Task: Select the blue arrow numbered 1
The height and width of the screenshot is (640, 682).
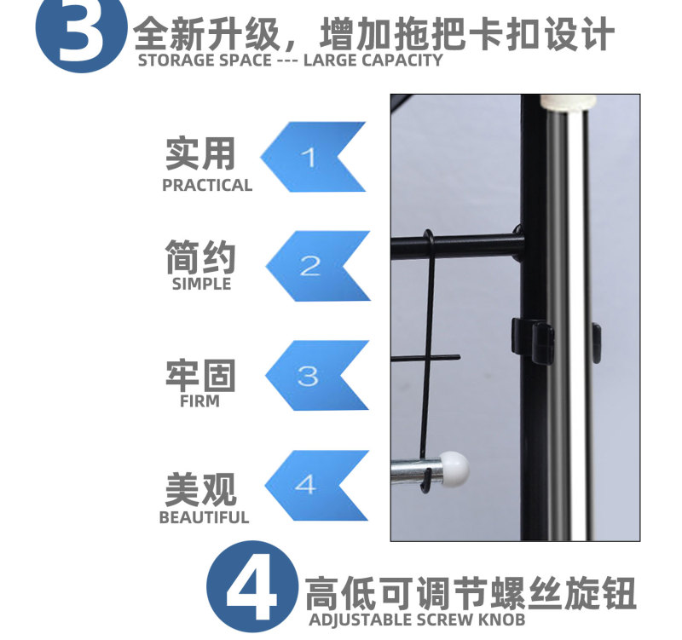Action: [x=314, y=157]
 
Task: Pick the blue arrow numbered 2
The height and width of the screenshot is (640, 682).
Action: [x=318, y=266]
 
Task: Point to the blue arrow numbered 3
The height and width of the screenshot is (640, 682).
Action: [x=317, y=376]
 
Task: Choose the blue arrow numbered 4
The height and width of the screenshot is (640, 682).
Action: [x=317, y=485]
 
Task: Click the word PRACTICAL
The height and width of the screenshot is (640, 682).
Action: [x=207, y=186]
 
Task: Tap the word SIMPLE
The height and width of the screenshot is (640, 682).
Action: [x=201, y=284]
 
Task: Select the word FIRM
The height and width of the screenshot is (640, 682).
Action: [x=199, y=401]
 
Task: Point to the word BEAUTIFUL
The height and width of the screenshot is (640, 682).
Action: [x=204, y=517]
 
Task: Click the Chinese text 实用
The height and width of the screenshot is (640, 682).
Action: [x=200, y=153]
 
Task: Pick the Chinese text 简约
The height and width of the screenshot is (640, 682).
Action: [x=200, y=257]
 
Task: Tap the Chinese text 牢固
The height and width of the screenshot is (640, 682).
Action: [x=200, y=376]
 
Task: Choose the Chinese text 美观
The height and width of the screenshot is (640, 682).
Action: [x=201, y=490]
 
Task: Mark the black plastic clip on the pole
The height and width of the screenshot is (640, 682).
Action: [x=533, y=340]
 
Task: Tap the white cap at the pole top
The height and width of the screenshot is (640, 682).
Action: [x=568, y=103]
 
